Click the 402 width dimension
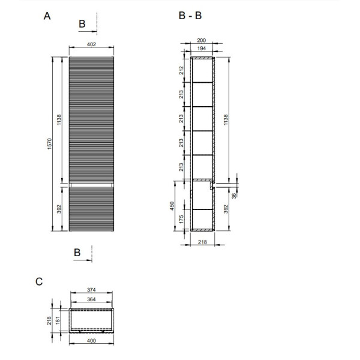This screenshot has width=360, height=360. [91, 44]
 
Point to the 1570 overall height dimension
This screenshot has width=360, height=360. [50, 144]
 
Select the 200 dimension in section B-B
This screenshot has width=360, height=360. [202, 40]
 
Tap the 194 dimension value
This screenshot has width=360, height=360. [202, 49]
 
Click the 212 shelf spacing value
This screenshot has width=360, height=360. [182, 70]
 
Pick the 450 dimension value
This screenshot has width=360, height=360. [172, 206]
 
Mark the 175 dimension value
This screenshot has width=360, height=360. [181, 219]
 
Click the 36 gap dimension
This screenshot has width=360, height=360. [234, 196]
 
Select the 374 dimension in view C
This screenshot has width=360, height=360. [91, 290]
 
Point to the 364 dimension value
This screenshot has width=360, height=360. [91, 299]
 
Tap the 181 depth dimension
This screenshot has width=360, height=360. [58, 320]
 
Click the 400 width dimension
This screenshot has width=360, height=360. [91, 341]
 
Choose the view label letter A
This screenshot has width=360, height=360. [47, 16]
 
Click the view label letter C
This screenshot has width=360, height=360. [39, 282]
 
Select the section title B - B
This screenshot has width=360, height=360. [190, 16]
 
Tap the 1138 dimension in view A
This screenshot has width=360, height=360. [59, 119]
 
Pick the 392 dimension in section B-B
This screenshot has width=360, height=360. [226, 209]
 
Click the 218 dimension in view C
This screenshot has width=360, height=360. [49, 321]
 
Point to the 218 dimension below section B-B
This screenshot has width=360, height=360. [203, 242]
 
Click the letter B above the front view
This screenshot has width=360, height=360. [82, 24]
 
